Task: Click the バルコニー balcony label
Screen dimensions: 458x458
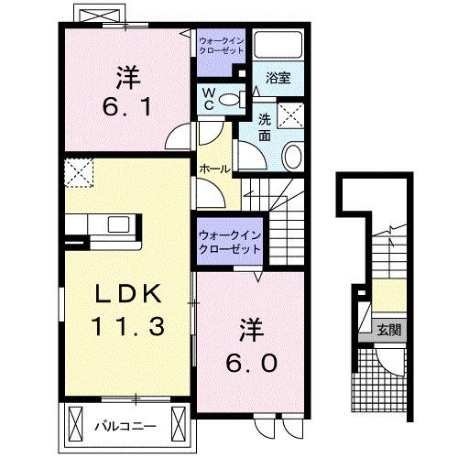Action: (x=126, y=426)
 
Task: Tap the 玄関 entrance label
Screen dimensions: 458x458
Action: (x=389, y=329)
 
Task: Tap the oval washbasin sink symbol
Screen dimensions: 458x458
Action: (x=294, y=157)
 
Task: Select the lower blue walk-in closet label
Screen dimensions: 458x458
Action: (x=229, y=242)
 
